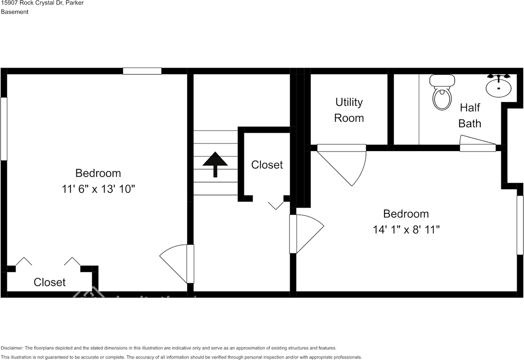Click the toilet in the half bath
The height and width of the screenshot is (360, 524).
[442, 93]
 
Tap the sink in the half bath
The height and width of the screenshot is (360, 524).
[498, 86]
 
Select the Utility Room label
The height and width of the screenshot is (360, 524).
[349, 110]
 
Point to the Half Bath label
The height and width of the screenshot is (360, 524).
[470, 115]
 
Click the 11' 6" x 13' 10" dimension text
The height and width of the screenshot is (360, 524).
[98, 189]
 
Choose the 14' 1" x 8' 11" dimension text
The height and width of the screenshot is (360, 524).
[406, 229]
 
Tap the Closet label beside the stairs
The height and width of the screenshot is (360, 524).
[267, 165]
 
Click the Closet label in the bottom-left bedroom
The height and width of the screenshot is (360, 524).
[50, 282]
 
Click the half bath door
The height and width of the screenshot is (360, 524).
[477, 144]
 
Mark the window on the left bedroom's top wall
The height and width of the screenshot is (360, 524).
[142, 71]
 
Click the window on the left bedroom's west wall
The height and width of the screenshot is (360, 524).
[4, 128]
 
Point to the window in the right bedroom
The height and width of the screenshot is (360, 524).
[520, 225]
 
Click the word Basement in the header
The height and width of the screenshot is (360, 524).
[15, 12]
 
